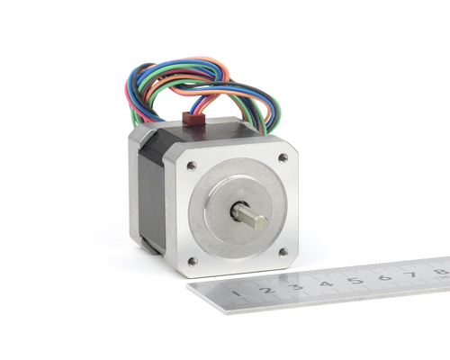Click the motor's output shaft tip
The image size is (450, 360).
coord(261,222)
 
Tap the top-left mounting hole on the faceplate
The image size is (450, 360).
coord(192,166)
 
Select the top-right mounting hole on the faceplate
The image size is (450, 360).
coord(283,157)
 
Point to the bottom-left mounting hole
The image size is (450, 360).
coord(193,261)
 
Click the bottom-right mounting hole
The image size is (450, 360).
coord(283,252)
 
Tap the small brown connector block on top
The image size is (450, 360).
coord(193,117)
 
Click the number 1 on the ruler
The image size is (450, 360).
coord(237,292)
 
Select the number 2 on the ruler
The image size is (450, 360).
coord(267,290)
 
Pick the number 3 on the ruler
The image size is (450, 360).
coord(297,286)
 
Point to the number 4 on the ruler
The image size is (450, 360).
coord(327,283)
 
